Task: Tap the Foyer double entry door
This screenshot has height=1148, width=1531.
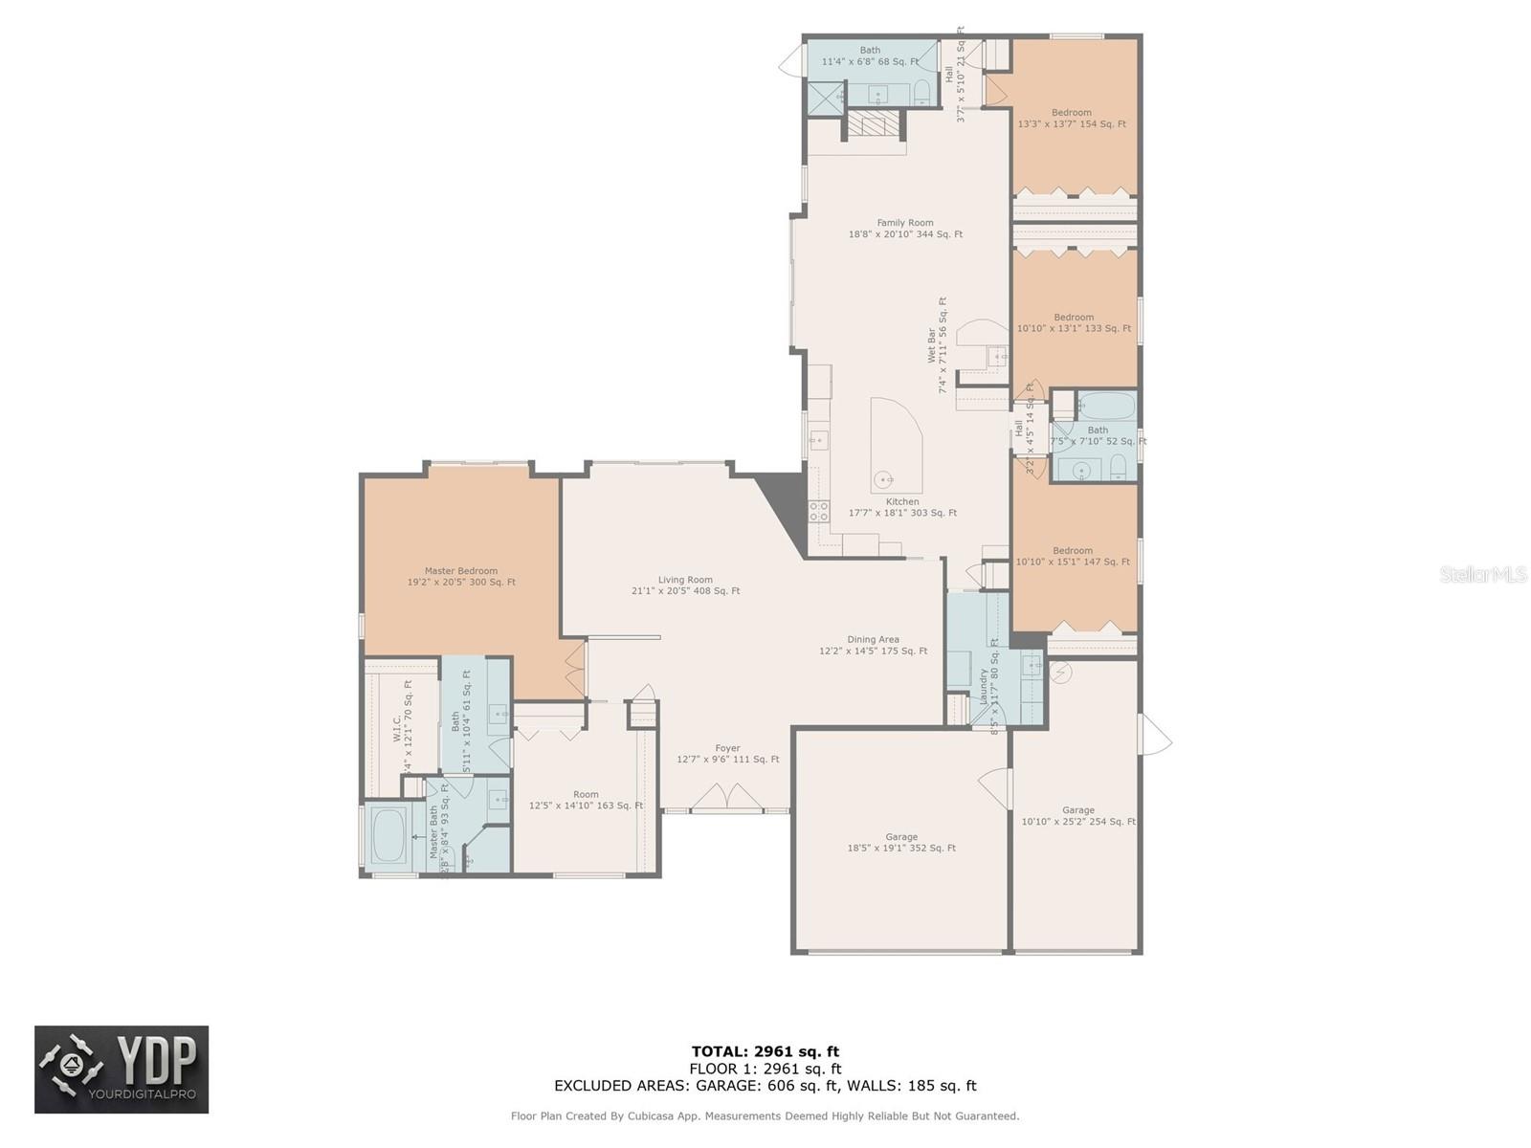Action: pyautogui.click(x=728, y=798)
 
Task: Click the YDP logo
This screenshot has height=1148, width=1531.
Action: pyautogui.click(x=122, y=1070)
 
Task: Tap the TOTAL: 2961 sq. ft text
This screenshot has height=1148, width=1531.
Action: pyautogui.click(x=765, y=1051)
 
